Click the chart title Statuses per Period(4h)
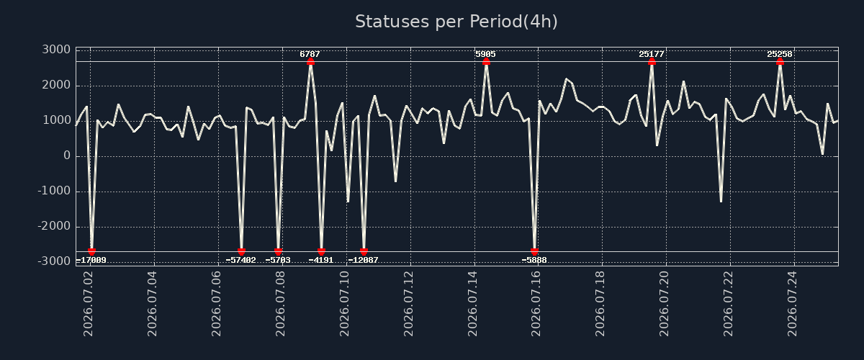[456, 22]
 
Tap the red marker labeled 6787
[310, 61]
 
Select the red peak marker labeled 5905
[486, 61]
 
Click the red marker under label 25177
[652, 61]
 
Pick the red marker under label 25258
[780, 61]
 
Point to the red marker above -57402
[241, 251]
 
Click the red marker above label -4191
[321, 251]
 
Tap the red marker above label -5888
[534, 251]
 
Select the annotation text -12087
[364, 261]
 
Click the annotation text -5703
[278, 261]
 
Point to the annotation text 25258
[780, 55]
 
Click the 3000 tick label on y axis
[56, 50]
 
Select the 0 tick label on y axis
[67, 156]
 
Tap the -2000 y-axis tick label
[54, 226]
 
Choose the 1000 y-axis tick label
[57, 120]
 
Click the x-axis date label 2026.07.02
[89, 304]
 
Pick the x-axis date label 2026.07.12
[408, 304]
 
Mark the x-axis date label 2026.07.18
[600, 304]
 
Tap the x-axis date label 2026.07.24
[792, 304]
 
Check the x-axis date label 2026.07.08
[280, 304]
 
